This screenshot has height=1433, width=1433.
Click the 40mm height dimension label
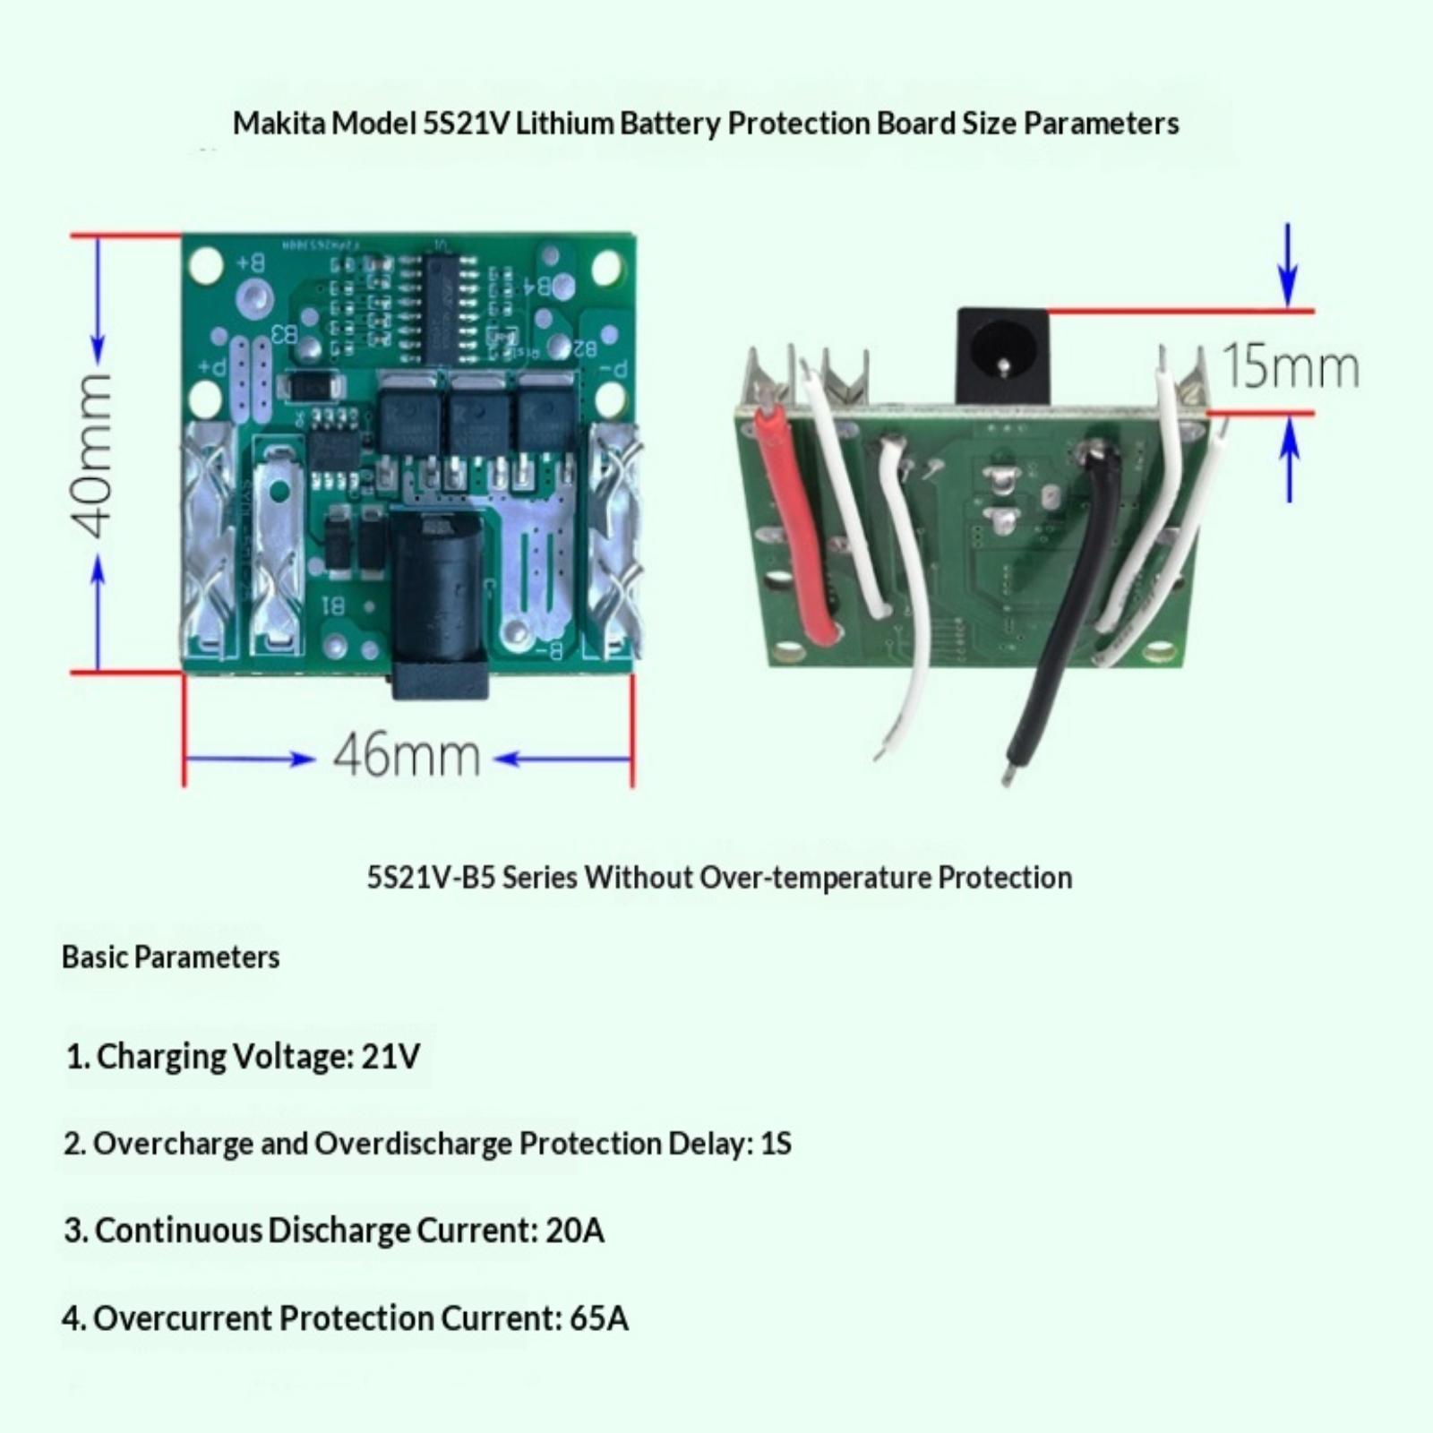95,455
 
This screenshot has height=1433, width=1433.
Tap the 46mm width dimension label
407,757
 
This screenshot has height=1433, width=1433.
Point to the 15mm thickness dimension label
1290,366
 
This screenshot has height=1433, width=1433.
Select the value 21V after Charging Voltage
390,1056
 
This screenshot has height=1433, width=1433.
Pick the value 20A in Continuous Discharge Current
574,1231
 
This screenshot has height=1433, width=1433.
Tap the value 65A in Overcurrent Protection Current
598,1318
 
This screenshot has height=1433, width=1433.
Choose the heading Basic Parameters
170,957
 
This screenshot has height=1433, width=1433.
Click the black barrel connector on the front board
441,609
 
